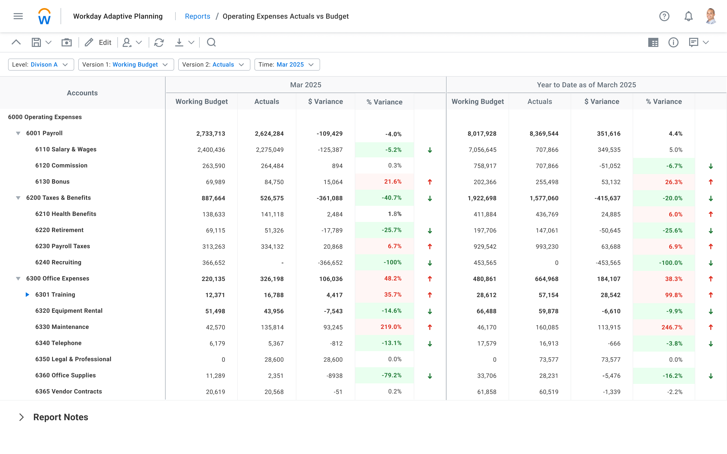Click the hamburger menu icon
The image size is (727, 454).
click(x=18, y=16)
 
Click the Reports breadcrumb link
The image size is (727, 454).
click(x=197, y=16)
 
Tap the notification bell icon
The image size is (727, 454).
click(x=688, y=16)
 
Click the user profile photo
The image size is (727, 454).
click(x=711, y=16)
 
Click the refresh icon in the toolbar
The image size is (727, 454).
click(x=159, y=42)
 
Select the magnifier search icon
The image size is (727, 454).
click(x=211, y=42)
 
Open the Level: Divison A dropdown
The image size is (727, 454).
click(x=41, y=65)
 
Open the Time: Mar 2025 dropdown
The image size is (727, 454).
click(x=287, y=65)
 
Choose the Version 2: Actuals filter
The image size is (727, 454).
click(x=214, y=65)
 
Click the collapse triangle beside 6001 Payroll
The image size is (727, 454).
click(x=18, y=133)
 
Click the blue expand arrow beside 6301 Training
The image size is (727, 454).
click(x=27, y=295)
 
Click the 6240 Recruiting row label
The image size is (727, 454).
click(x=58, y=262)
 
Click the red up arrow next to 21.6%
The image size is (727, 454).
click(x=430, y=182)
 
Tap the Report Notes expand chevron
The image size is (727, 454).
click(x=21, y=417)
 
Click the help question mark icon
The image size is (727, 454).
click(x=664, y=16)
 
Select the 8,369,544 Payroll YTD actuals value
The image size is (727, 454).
click(x=544, y=134)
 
